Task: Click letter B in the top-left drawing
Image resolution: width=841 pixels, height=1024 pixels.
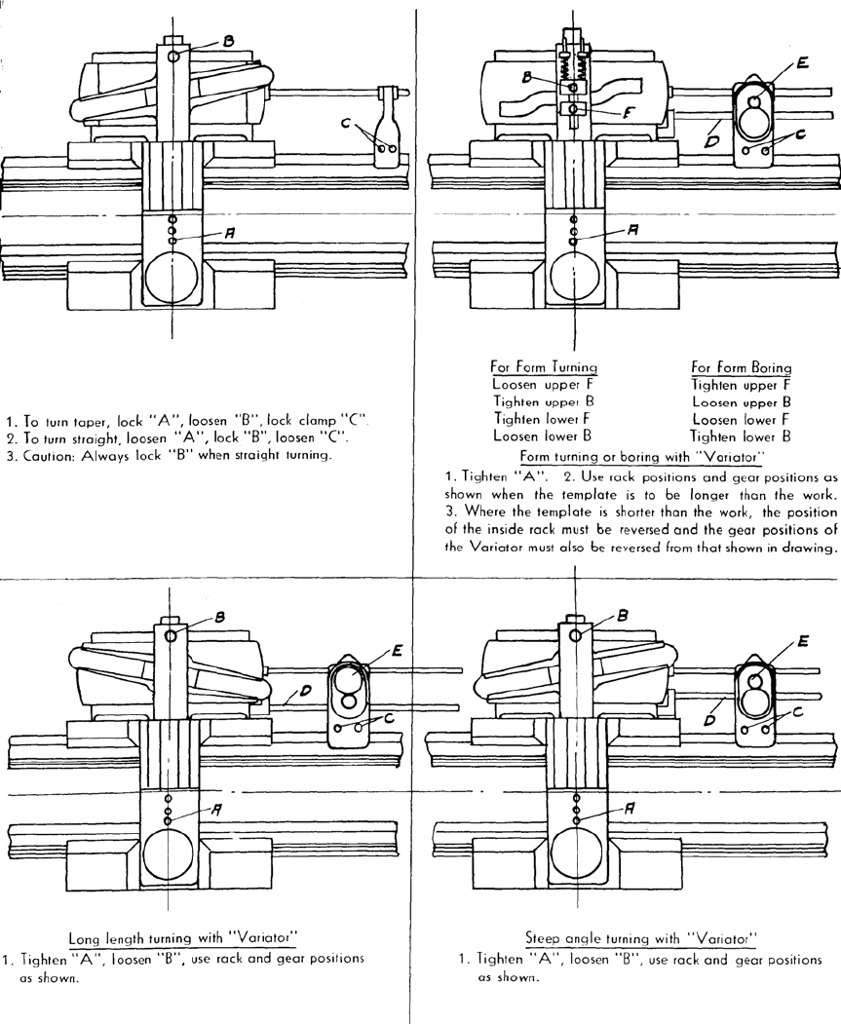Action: click(x=228, y=41)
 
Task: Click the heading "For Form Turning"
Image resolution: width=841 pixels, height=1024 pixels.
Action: click(x=544, y=367)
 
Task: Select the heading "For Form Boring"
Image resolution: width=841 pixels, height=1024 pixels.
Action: click(x=741, y=367)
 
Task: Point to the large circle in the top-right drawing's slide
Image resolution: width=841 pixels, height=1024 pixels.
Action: click(x=575, y=279)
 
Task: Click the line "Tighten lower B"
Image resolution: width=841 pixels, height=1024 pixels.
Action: click(x=739, y=435)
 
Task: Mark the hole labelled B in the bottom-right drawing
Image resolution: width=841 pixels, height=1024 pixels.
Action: click(x=576, y=634)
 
